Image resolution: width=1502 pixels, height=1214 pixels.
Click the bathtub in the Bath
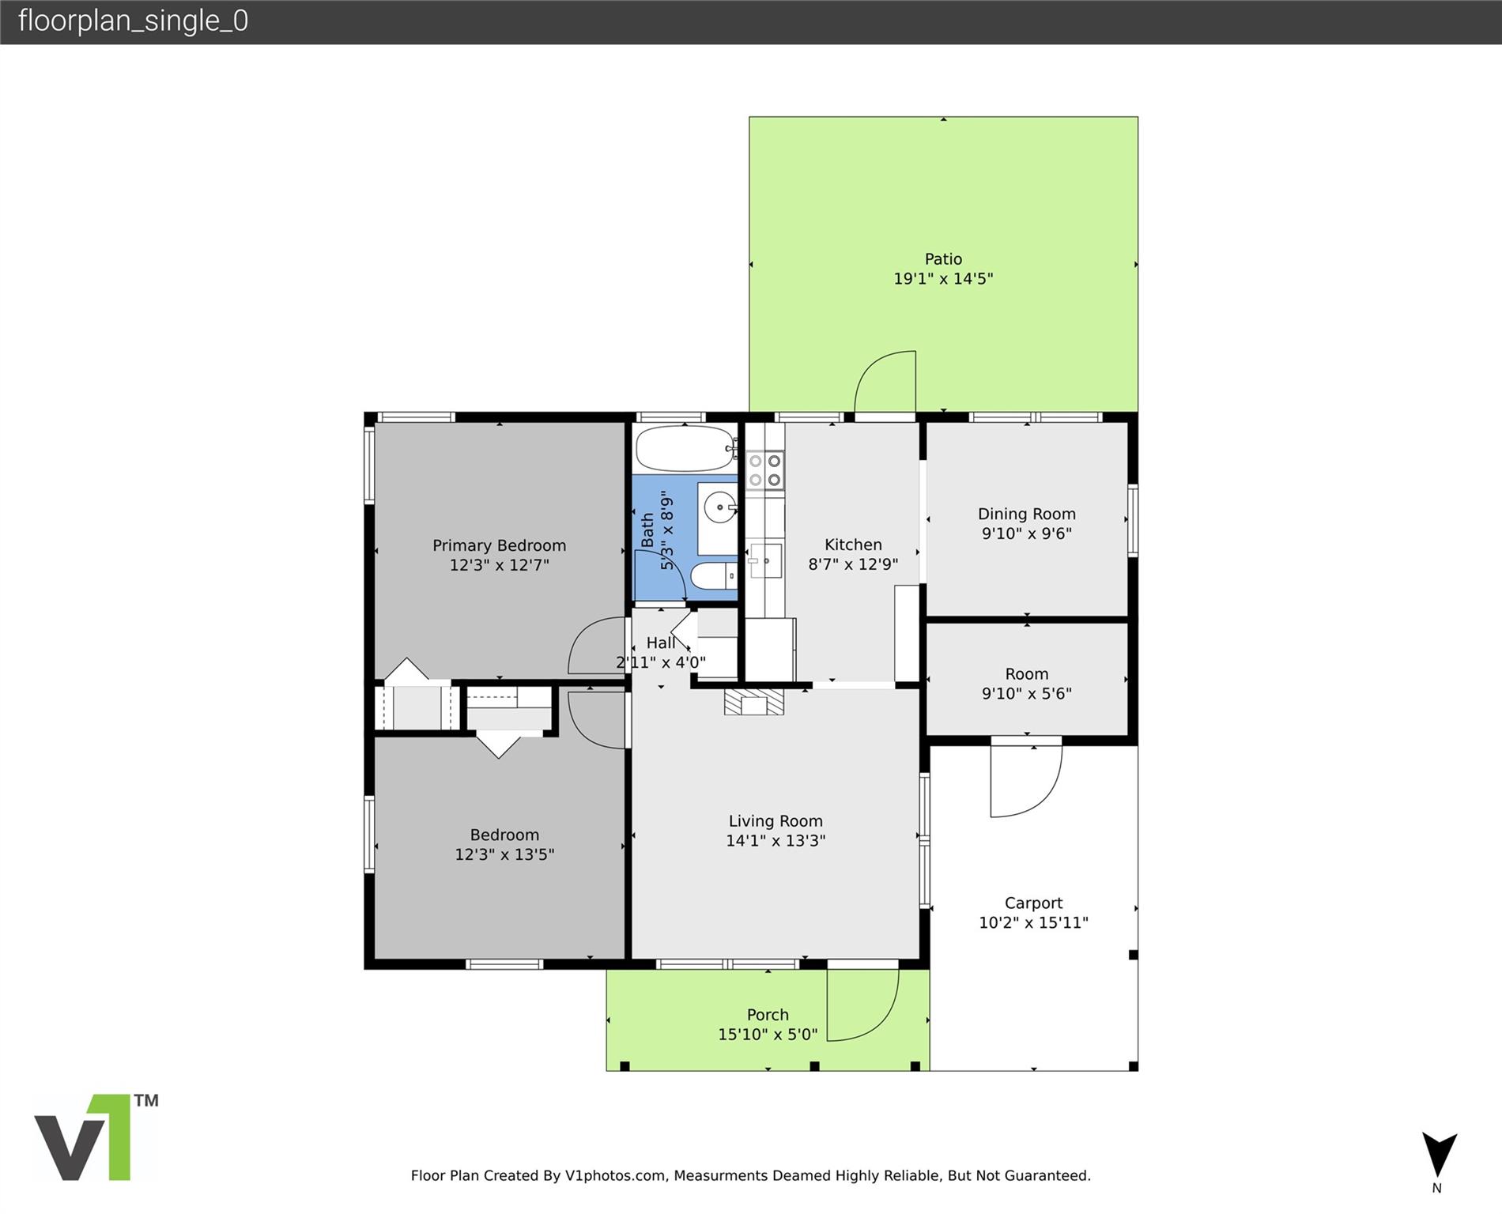pyautogui.click(x=686, y=449)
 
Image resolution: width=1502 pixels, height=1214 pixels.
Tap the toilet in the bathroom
pyautogui.click(x=714, y=576)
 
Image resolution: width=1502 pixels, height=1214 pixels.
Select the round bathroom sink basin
pyautogui.click(x=720, y=506)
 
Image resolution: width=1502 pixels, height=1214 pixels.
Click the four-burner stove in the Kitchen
pyautogui.click(x=765, y=469)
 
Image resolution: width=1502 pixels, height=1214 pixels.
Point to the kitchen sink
pyautogui.click(x=765, y=560)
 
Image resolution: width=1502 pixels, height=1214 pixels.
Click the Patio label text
pyautogui.click(x=943, y=259)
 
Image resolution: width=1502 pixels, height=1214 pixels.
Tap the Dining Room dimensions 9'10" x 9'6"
pyautogui.click(x=1026, y=533)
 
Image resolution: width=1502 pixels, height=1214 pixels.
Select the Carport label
pyautogui.click(x=1033, y=903)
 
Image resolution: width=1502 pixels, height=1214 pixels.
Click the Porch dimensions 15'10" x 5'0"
pyautogui.click(x=768, y=1034)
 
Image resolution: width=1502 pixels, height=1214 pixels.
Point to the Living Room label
pyautogui.click(x=776, y=821)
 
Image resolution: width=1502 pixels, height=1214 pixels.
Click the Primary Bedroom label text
pyautogui.click(x=499, y=545)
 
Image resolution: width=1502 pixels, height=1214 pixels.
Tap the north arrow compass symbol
pyautogui.click(x=1439, y=1156)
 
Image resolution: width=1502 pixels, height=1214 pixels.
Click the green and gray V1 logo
pyautogui.click(x=95, y=1137)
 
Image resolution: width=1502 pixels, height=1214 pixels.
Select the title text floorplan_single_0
pyautogui.click(x=133, y=21)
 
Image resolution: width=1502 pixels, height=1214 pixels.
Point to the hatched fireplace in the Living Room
pyautogui.click(x=754, y=702)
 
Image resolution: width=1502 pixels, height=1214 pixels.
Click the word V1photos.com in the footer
pyautogui.click(x=615, y=1175)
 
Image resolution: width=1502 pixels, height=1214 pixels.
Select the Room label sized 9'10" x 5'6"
pyautogui.click(x=1026, y=674)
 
